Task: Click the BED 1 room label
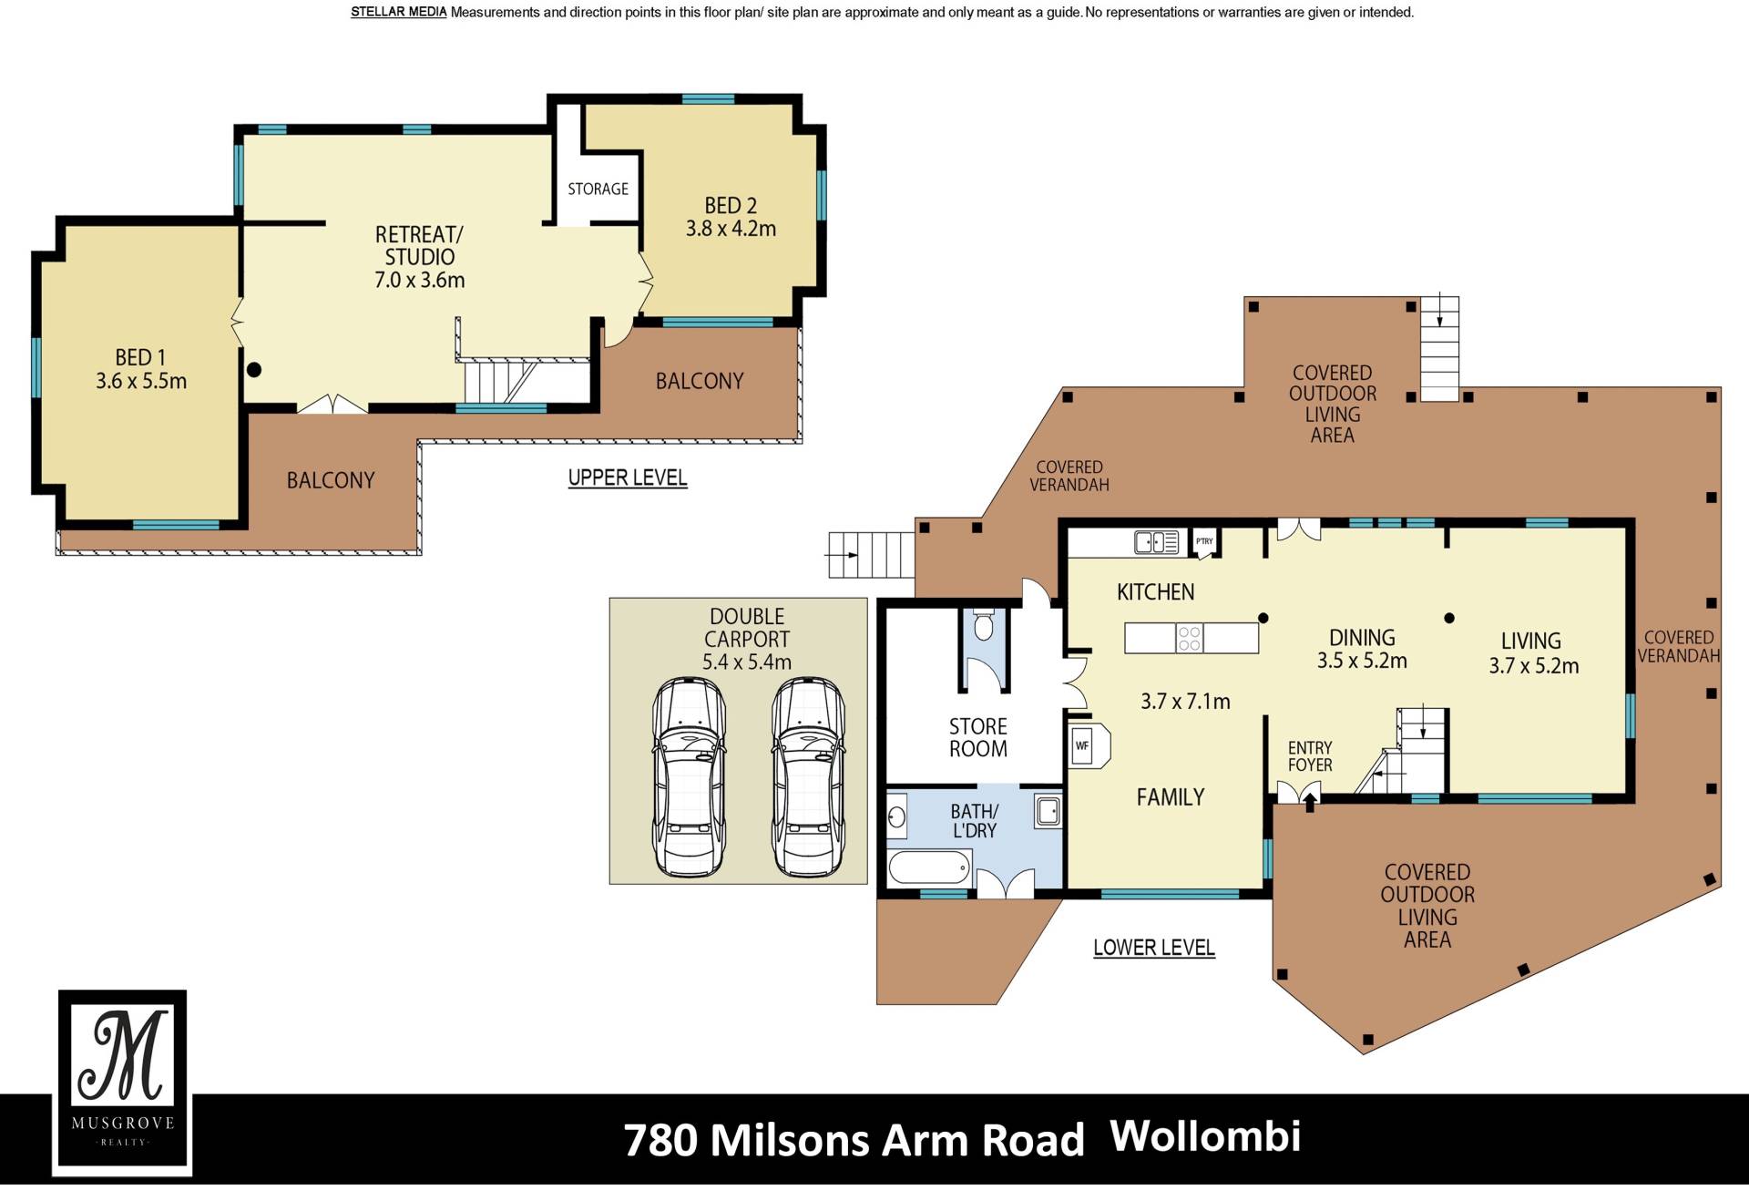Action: pos(140,358)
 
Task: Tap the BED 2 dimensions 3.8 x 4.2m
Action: pos(731,229)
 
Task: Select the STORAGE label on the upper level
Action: pos(598,189)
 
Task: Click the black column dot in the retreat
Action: pos(254,370)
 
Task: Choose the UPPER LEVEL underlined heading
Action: pos(628,477)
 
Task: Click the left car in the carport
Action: pos(690,777)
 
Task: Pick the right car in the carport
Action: pos(808,777)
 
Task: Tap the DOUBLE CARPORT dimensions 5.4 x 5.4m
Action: pos(746,662)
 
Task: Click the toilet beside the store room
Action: pos(984,625)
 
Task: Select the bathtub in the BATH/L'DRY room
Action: pos(930,867)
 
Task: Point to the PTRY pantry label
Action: pos(1204,541)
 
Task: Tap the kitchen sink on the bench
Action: pos(1157,542)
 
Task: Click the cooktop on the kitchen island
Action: pos(1190,638)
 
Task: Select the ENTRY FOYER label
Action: pos(1310,756)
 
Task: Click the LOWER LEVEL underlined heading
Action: pos(1154,948)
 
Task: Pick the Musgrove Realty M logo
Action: pos(122,1082)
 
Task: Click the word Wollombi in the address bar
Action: pos(1206,1136)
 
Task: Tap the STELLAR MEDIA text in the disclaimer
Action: pos(399,13)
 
